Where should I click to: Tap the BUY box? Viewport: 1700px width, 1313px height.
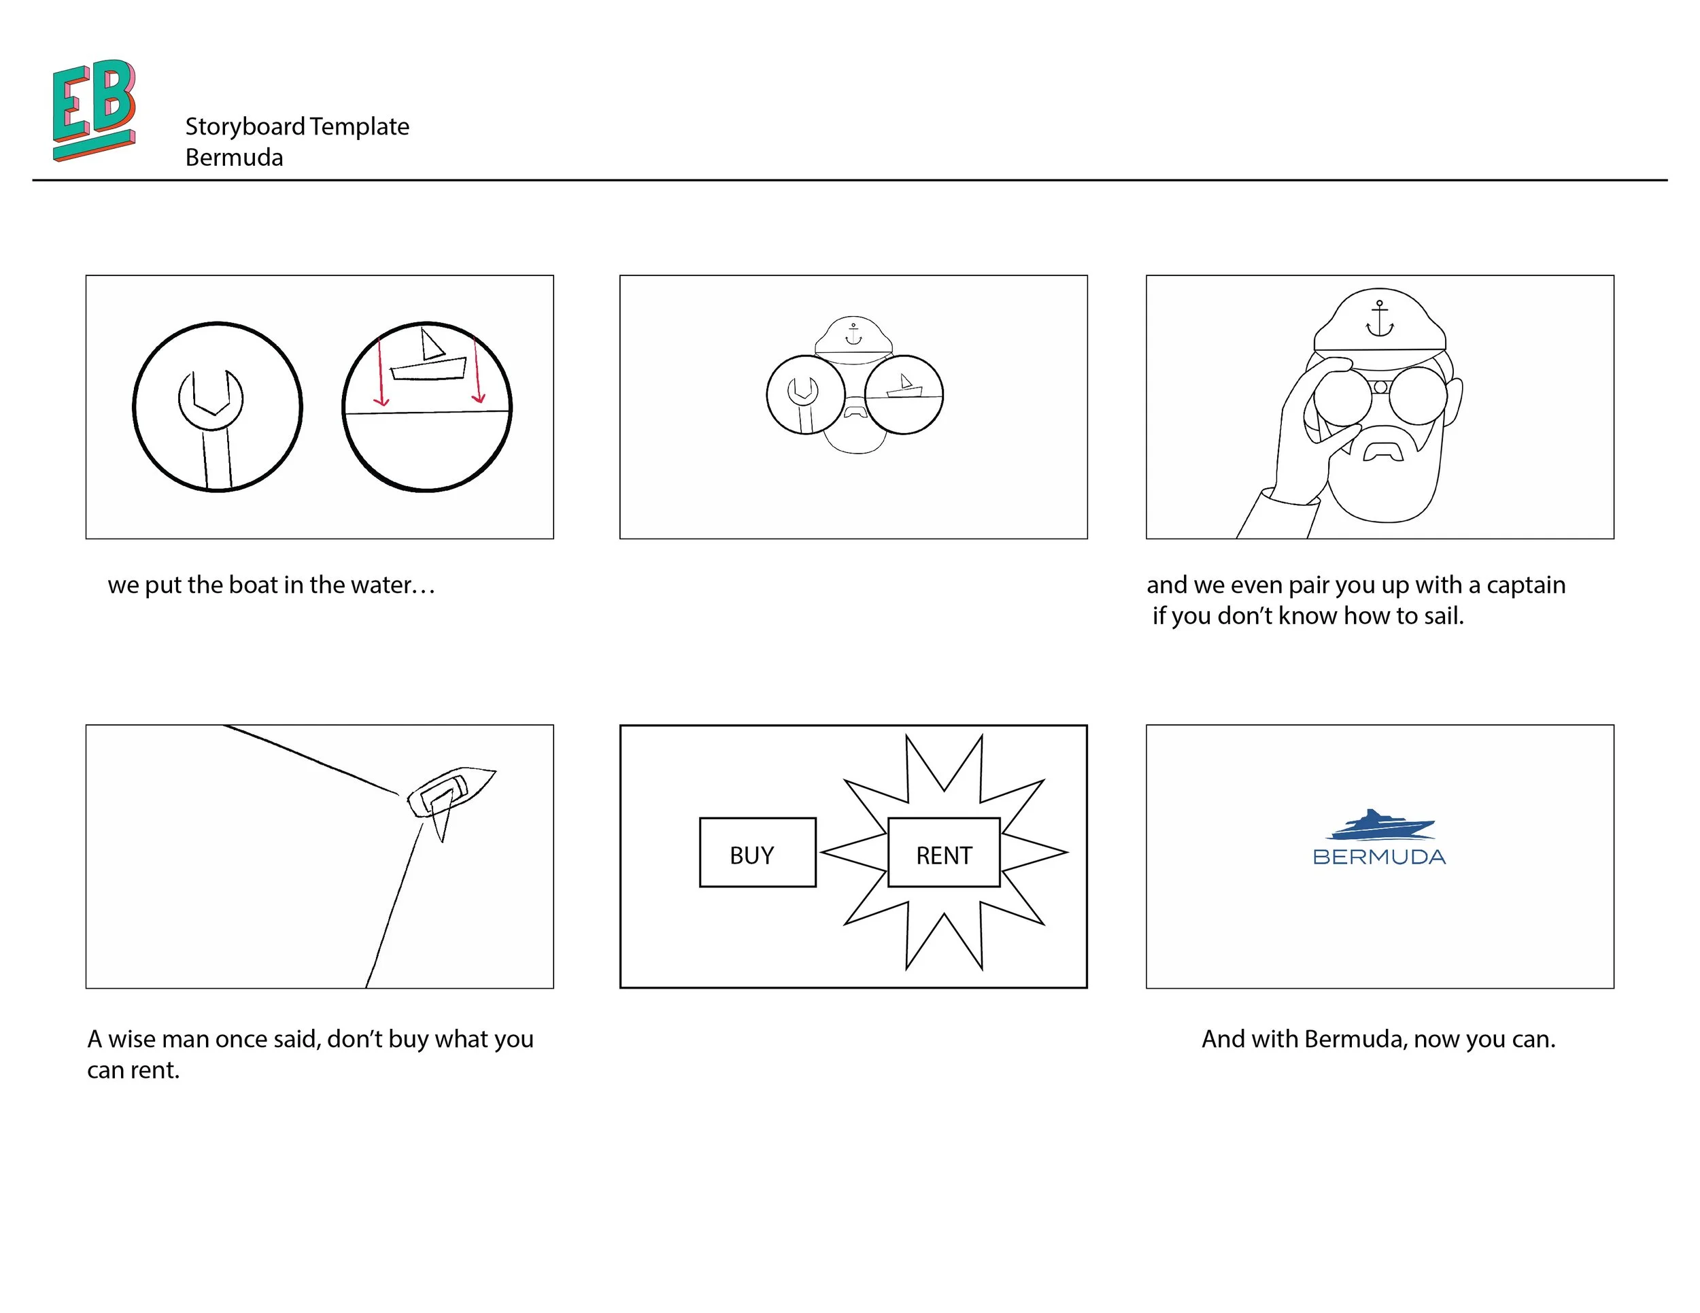[x=758, y=852]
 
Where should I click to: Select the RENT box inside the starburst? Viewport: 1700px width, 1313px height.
[x=943, y=852]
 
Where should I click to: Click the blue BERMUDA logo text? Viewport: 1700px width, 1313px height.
[x=1378, y=857]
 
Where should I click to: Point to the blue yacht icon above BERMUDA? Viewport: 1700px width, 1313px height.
[x=1380, y=825]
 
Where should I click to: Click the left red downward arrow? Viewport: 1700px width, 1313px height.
[x=380, y=372]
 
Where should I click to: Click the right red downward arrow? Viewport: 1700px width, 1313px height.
[x=477, y=370]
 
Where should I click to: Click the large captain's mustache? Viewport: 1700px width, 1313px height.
[x=1383, y=452]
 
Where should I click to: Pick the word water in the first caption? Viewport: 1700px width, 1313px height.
[x=383, y=585]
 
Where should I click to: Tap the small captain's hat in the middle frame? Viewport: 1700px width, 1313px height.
[x=853, y=335]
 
